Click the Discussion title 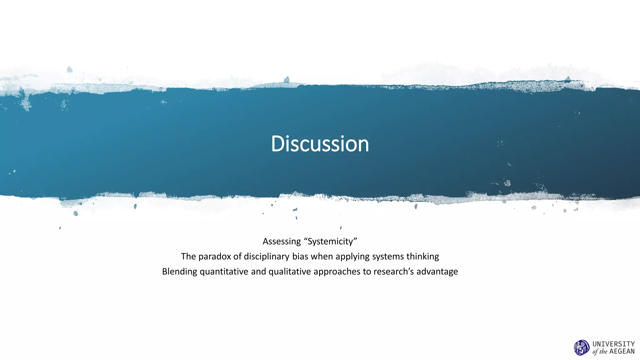coord(320,144)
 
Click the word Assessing coord(282,242)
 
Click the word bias coord(300,257)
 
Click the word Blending coord(179,272)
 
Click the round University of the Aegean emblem coord(582,348)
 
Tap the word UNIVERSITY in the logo coord(613,344)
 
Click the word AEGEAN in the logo coord(622,352)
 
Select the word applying coord(352,257)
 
